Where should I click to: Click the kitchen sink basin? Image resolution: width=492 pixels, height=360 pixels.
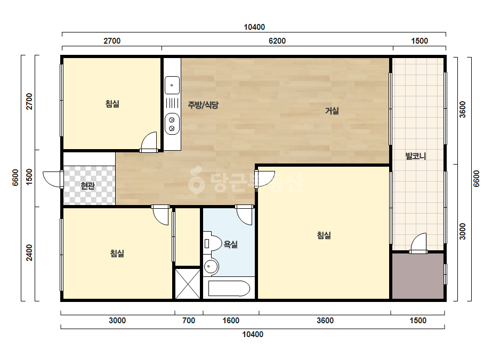[172, 85]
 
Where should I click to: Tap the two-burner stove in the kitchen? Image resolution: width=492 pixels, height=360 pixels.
[172, 124]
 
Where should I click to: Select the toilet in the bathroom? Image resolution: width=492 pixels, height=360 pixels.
[213, 243]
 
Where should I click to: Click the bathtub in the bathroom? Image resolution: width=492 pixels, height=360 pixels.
[229, 288]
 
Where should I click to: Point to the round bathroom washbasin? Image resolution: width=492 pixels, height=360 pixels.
[211, 267]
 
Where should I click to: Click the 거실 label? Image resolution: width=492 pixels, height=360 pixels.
[332, 111]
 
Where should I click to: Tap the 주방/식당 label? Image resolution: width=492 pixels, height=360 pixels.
[203, 105]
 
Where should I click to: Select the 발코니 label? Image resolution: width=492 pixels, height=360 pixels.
[415, 156]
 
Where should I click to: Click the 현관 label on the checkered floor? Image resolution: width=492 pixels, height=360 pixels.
[87, 186]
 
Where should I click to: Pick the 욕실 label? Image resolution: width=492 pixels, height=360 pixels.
[230, 244]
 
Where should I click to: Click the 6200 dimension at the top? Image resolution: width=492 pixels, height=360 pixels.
[277, 41]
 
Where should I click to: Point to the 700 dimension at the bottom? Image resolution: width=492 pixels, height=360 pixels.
[189, 321]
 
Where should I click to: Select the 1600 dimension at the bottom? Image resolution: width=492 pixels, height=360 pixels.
[231, 321]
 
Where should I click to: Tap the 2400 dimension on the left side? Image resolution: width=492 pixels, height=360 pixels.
[29, 253]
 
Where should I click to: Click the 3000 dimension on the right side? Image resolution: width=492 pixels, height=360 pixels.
[463, 232]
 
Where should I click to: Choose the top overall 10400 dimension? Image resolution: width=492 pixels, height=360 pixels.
[254, 27]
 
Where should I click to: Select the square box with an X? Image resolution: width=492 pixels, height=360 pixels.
[187, 283]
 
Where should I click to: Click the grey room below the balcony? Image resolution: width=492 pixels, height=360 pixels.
[417, 276]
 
